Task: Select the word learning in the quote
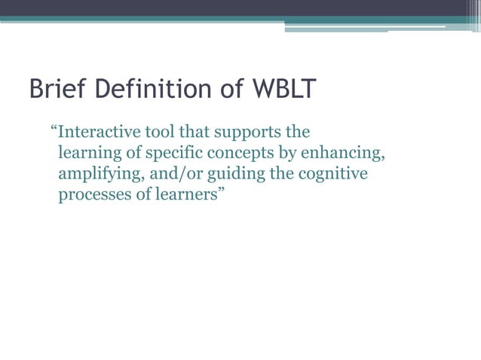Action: (x=87, y=154)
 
